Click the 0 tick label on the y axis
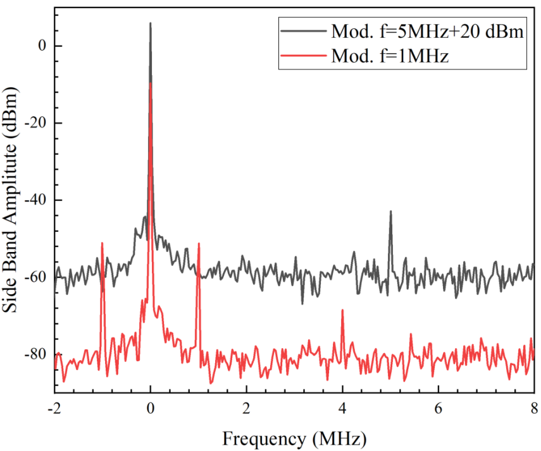[x=40, y=46]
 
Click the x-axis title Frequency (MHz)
[x=294, y=436]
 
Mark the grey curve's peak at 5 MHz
[x=390, y=212]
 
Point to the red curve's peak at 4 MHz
[x=342, y=310]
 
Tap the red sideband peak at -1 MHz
[x=102, y=243]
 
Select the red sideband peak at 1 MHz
[x=199, y=244]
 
